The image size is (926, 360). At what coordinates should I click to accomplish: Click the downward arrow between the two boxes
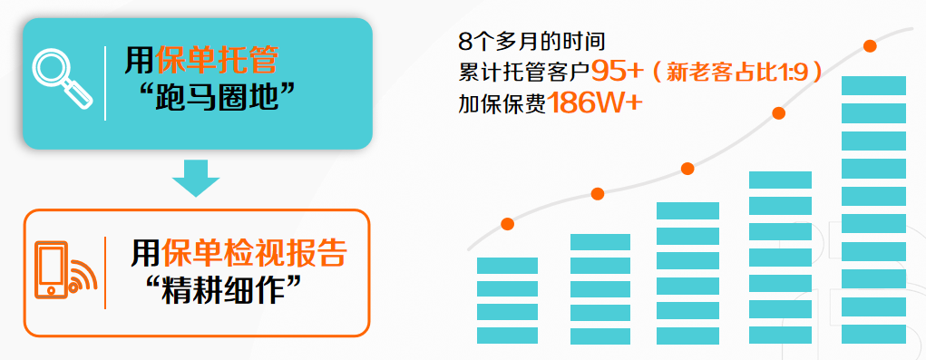(x=196, y=179)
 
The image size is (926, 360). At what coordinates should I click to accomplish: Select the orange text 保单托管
(x=217, y=61)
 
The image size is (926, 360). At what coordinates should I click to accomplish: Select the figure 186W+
(x=593, y=104)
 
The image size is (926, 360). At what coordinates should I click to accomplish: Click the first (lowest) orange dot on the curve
(x=507, y=224)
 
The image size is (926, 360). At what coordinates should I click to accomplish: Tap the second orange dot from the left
(x=598, y=193)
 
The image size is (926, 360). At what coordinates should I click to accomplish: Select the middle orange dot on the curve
(x=687, y=168)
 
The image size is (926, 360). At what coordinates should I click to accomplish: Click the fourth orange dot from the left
(x=779, y=113)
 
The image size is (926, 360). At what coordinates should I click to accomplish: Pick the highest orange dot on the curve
(x=869, y=46)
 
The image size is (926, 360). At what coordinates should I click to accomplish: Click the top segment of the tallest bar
(x=873, y=85)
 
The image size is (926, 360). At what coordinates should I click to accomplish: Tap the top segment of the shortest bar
(x=507, y=266)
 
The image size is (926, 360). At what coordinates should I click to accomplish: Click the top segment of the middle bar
(x=687, y=210)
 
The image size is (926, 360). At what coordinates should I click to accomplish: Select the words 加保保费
(x=502, y=104)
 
